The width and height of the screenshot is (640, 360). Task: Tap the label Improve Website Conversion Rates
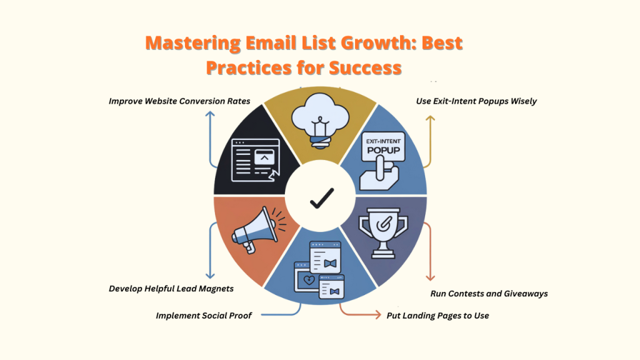click(x=179, y=101)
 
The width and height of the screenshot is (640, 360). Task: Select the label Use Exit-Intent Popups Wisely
click(x=476, y=101)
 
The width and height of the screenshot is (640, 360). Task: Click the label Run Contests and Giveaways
click(x=489, y=293)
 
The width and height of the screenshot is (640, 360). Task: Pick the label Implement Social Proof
click(x=204, y=316)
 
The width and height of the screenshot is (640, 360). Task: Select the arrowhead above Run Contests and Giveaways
click(x=430, y=277)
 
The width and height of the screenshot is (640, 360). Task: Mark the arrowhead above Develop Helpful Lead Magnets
click(x=210, y=276)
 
